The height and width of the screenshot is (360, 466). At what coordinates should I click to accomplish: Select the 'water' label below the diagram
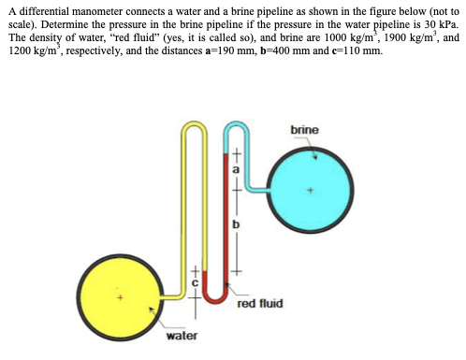182,335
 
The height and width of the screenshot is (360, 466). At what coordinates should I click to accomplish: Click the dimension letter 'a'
238,171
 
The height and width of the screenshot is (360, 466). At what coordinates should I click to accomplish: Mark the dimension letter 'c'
196,281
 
